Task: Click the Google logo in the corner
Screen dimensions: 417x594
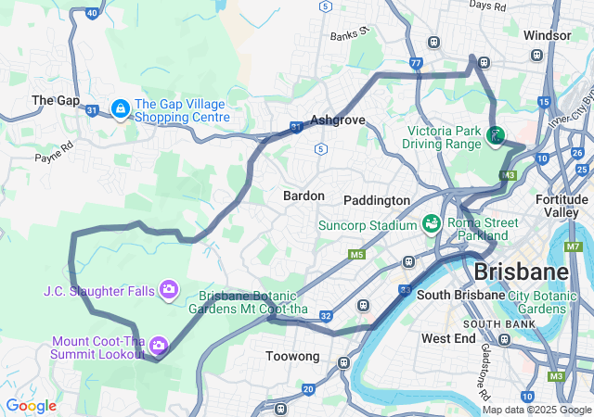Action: click(31, 406)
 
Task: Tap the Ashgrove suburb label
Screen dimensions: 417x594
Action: click(338, 120)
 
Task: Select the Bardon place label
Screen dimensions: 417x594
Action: click(303, 196)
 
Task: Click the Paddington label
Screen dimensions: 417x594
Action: click(376, 200)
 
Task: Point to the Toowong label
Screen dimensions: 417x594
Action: click(292, 356)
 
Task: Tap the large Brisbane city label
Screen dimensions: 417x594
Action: click(520, 272)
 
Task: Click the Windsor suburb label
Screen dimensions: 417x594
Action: click(547, 35)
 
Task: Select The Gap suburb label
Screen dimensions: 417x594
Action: click(51, 99)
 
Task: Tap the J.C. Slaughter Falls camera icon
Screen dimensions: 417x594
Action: click(168, 290)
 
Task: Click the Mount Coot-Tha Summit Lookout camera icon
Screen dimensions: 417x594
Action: click(158, 346)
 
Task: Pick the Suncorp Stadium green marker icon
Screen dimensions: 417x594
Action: click(431, 224)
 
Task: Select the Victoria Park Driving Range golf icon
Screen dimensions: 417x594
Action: click(496, 137)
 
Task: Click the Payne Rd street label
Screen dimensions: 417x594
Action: click(54, 152)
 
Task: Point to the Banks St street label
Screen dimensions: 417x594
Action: click(350, 33)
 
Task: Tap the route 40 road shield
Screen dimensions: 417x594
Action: click(91, 13)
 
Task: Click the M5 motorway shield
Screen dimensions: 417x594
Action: click(357, 254)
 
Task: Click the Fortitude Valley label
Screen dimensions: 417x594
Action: click(562, 206)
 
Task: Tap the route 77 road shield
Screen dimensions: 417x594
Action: click(416, 64)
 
